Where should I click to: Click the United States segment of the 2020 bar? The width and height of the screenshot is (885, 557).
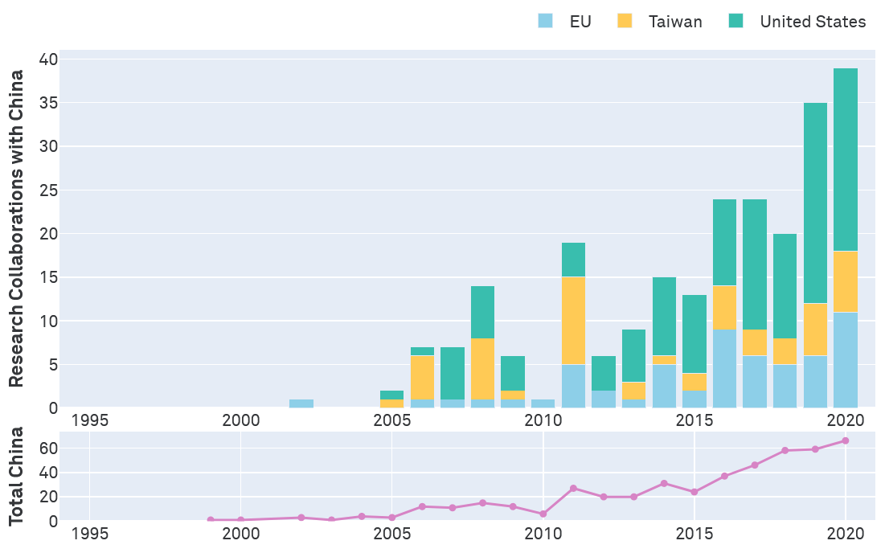(846, 160)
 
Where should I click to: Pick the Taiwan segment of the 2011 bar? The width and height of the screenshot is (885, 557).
(573, 321)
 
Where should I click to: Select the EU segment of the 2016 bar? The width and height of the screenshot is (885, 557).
(724, 368)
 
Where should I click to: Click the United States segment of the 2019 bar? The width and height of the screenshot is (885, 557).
(815, 203)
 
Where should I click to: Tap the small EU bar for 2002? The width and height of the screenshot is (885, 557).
(301, 403)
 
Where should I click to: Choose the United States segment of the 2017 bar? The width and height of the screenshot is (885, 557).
(755, 264)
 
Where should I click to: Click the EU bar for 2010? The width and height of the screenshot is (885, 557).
(543, 403)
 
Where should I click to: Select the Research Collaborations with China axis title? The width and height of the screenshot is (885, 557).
(16, 229)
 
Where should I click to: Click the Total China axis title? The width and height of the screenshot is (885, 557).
(16, 477)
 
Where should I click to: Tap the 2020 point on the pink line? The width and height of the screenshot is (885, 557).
(846, 440)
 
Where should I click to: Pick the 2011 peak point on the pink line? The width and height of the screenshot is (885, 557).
(573, 488)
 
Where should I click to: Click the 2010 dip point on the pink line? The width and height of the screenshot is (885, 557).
(543, 514)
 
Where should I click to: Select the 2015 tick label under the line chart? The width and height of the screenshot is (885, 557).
(694, 533)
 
